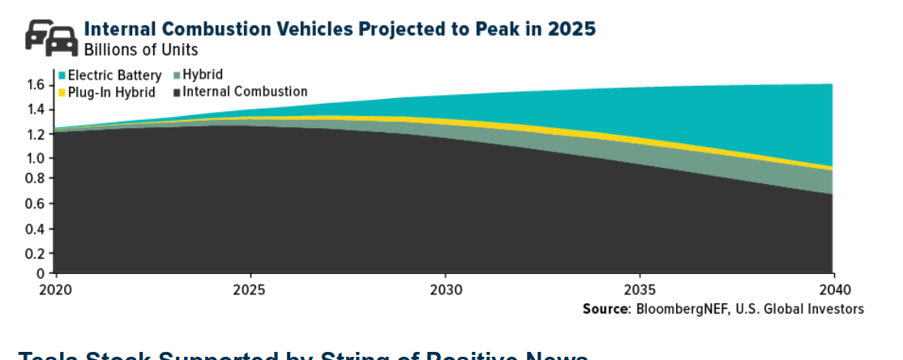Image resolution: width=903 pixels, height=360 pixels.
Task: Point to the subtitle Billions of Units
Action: tap(141, 49)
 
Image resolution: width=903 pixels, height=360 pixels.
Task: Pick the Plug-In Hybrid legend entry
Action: tap(111, 92)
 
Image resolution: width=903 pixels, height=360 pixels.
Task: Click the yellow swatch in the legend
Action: tap(62, 92)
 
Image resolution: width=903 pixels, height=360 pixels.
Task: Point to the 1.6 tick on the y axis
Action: tap(36, 84)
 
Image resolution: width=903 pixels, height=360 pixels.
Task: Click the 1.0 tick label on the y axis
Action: tap(36, 158)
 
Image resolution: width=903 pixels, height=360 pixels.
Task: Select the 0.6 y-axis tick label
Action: tap(36, 204)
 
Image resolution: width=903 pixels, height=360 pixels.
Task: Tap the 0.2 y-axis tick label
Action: tap(36, 253)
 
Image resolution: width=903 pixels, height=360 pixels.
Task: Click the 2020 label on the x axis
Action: tap(54, 289)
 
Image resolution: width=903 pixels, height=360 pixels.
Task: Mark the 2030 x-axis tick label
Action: tap(444, 289)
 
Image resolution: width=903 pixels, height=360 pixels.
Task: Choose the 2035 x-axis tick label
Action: tap(639, 289)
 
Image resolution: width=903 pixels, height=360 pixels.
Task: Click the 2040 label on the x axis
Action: tap(832, 289)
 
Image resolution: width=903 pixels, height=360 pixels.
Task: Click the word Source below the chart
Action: tap(607, 309)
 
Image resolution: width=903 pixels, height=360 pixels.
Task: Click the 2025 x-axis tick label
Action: tap(250, 289)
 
